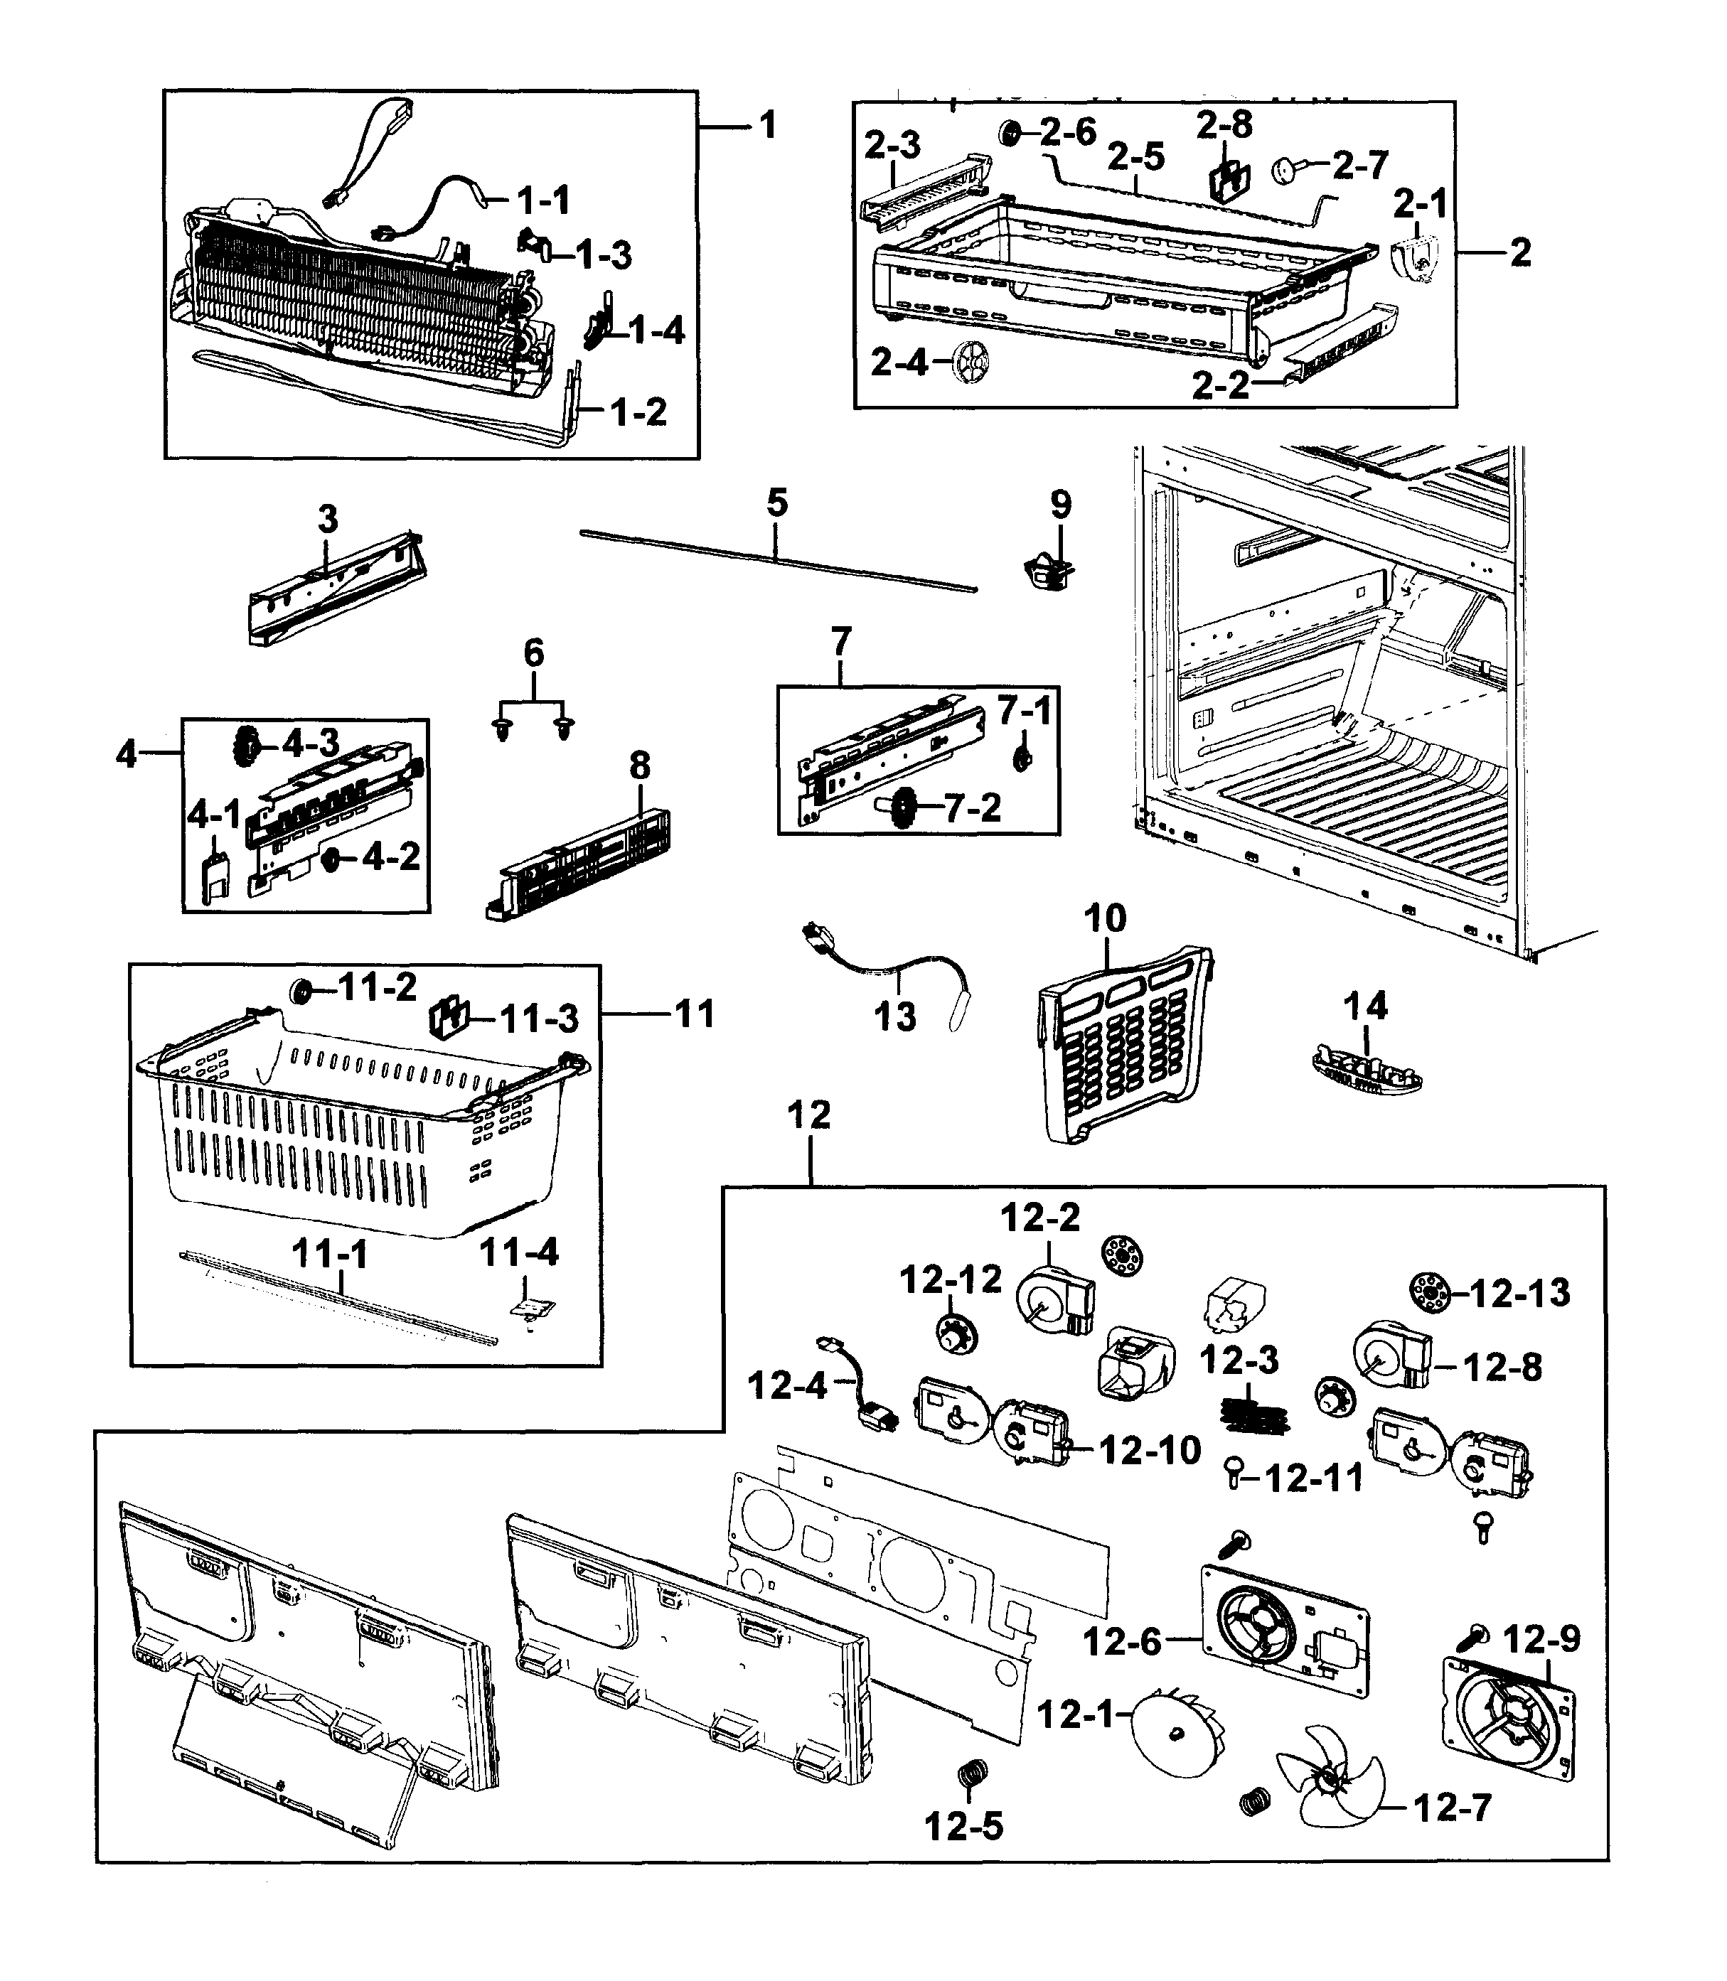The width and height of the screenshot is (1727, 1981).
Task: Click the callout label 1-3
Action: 604,255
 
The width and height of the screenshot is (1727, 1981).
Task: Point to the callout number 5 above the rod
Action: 777,503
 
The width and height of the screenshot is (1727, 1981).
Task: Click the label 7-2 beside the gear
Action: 973,807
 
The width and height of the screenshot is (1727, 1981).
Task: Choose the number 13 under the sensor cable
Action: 894,1016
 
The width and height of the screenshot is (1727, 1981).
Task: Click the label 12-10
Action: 1149,1449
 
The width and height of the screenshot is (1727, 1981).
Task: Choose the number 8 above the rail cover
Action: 640,766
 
